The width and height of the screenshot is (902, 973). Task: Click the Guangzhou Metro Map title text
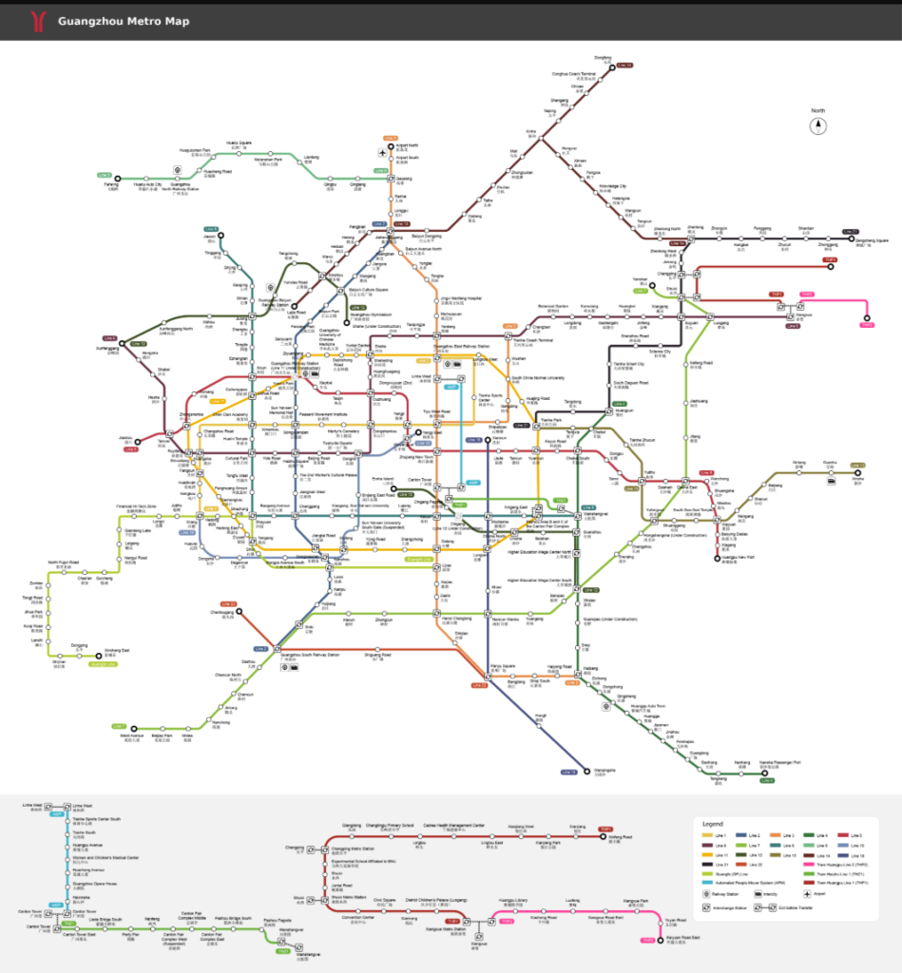click(123, 21)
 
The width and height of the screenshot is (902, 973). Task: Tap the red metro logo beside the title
click(37, 20)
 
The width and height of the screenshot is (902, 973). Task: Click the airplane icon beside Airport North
click(382, 153)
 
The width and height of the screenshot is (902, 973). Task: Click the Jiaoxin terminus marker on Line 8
click(139, 441)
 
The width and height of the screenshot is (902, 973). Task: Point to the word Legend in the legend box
click(713, 823)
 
